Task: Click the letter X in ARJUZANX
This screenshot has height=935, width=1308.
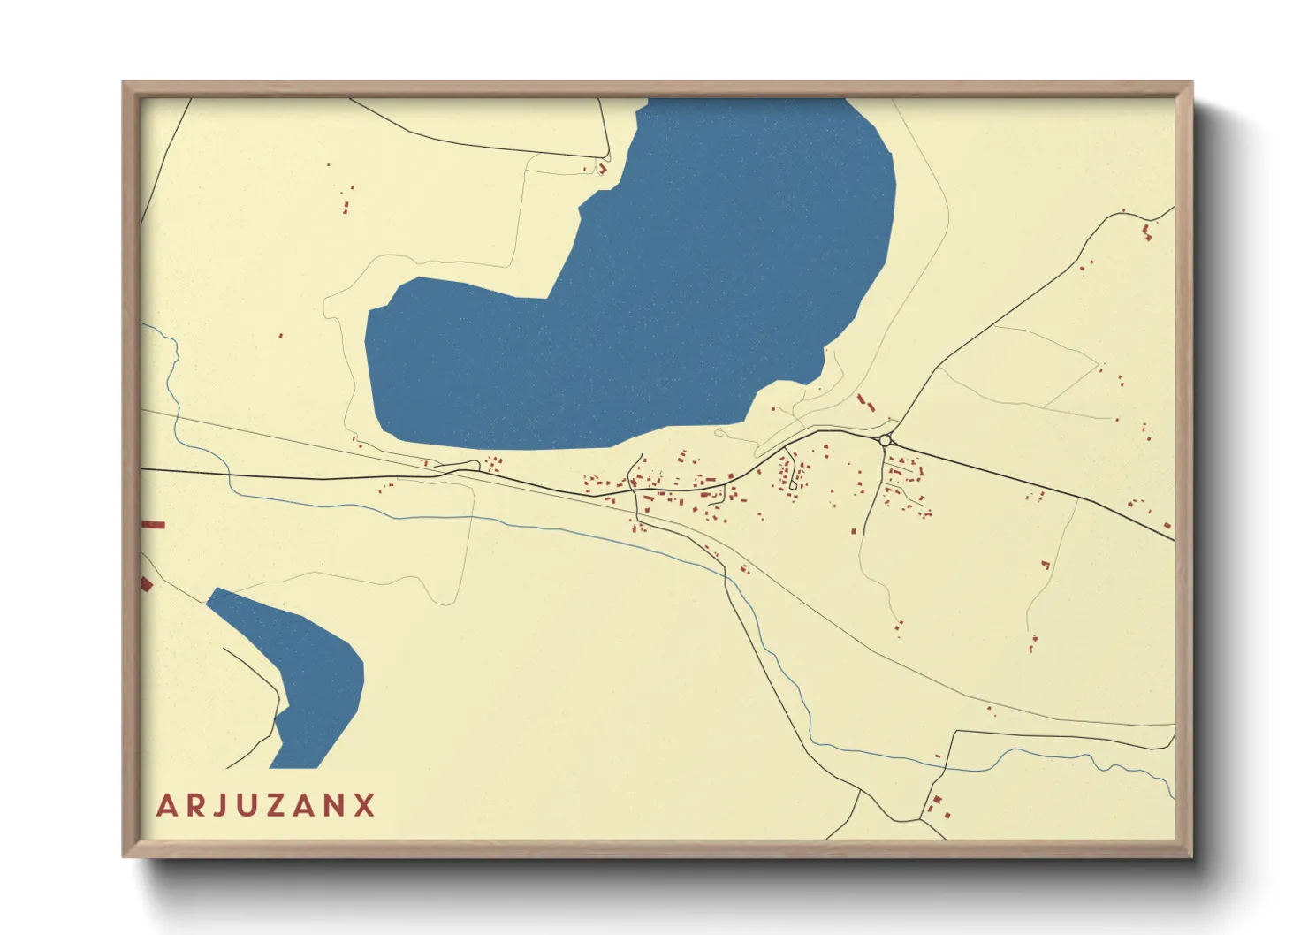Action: (365, 806)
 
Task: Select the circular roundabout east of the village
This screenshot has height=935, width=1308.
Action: (885, 439)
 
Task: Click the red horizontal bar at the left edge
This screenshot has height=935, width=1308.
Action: (154, 525)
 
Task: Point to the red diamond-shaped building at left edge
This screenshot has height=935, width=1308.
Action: (147, 583)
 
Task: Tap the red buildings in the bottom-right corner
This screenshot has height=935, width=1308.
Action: (937, 808)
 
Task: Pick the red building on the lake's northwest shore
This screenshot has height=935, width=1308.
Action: (603, 168)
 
